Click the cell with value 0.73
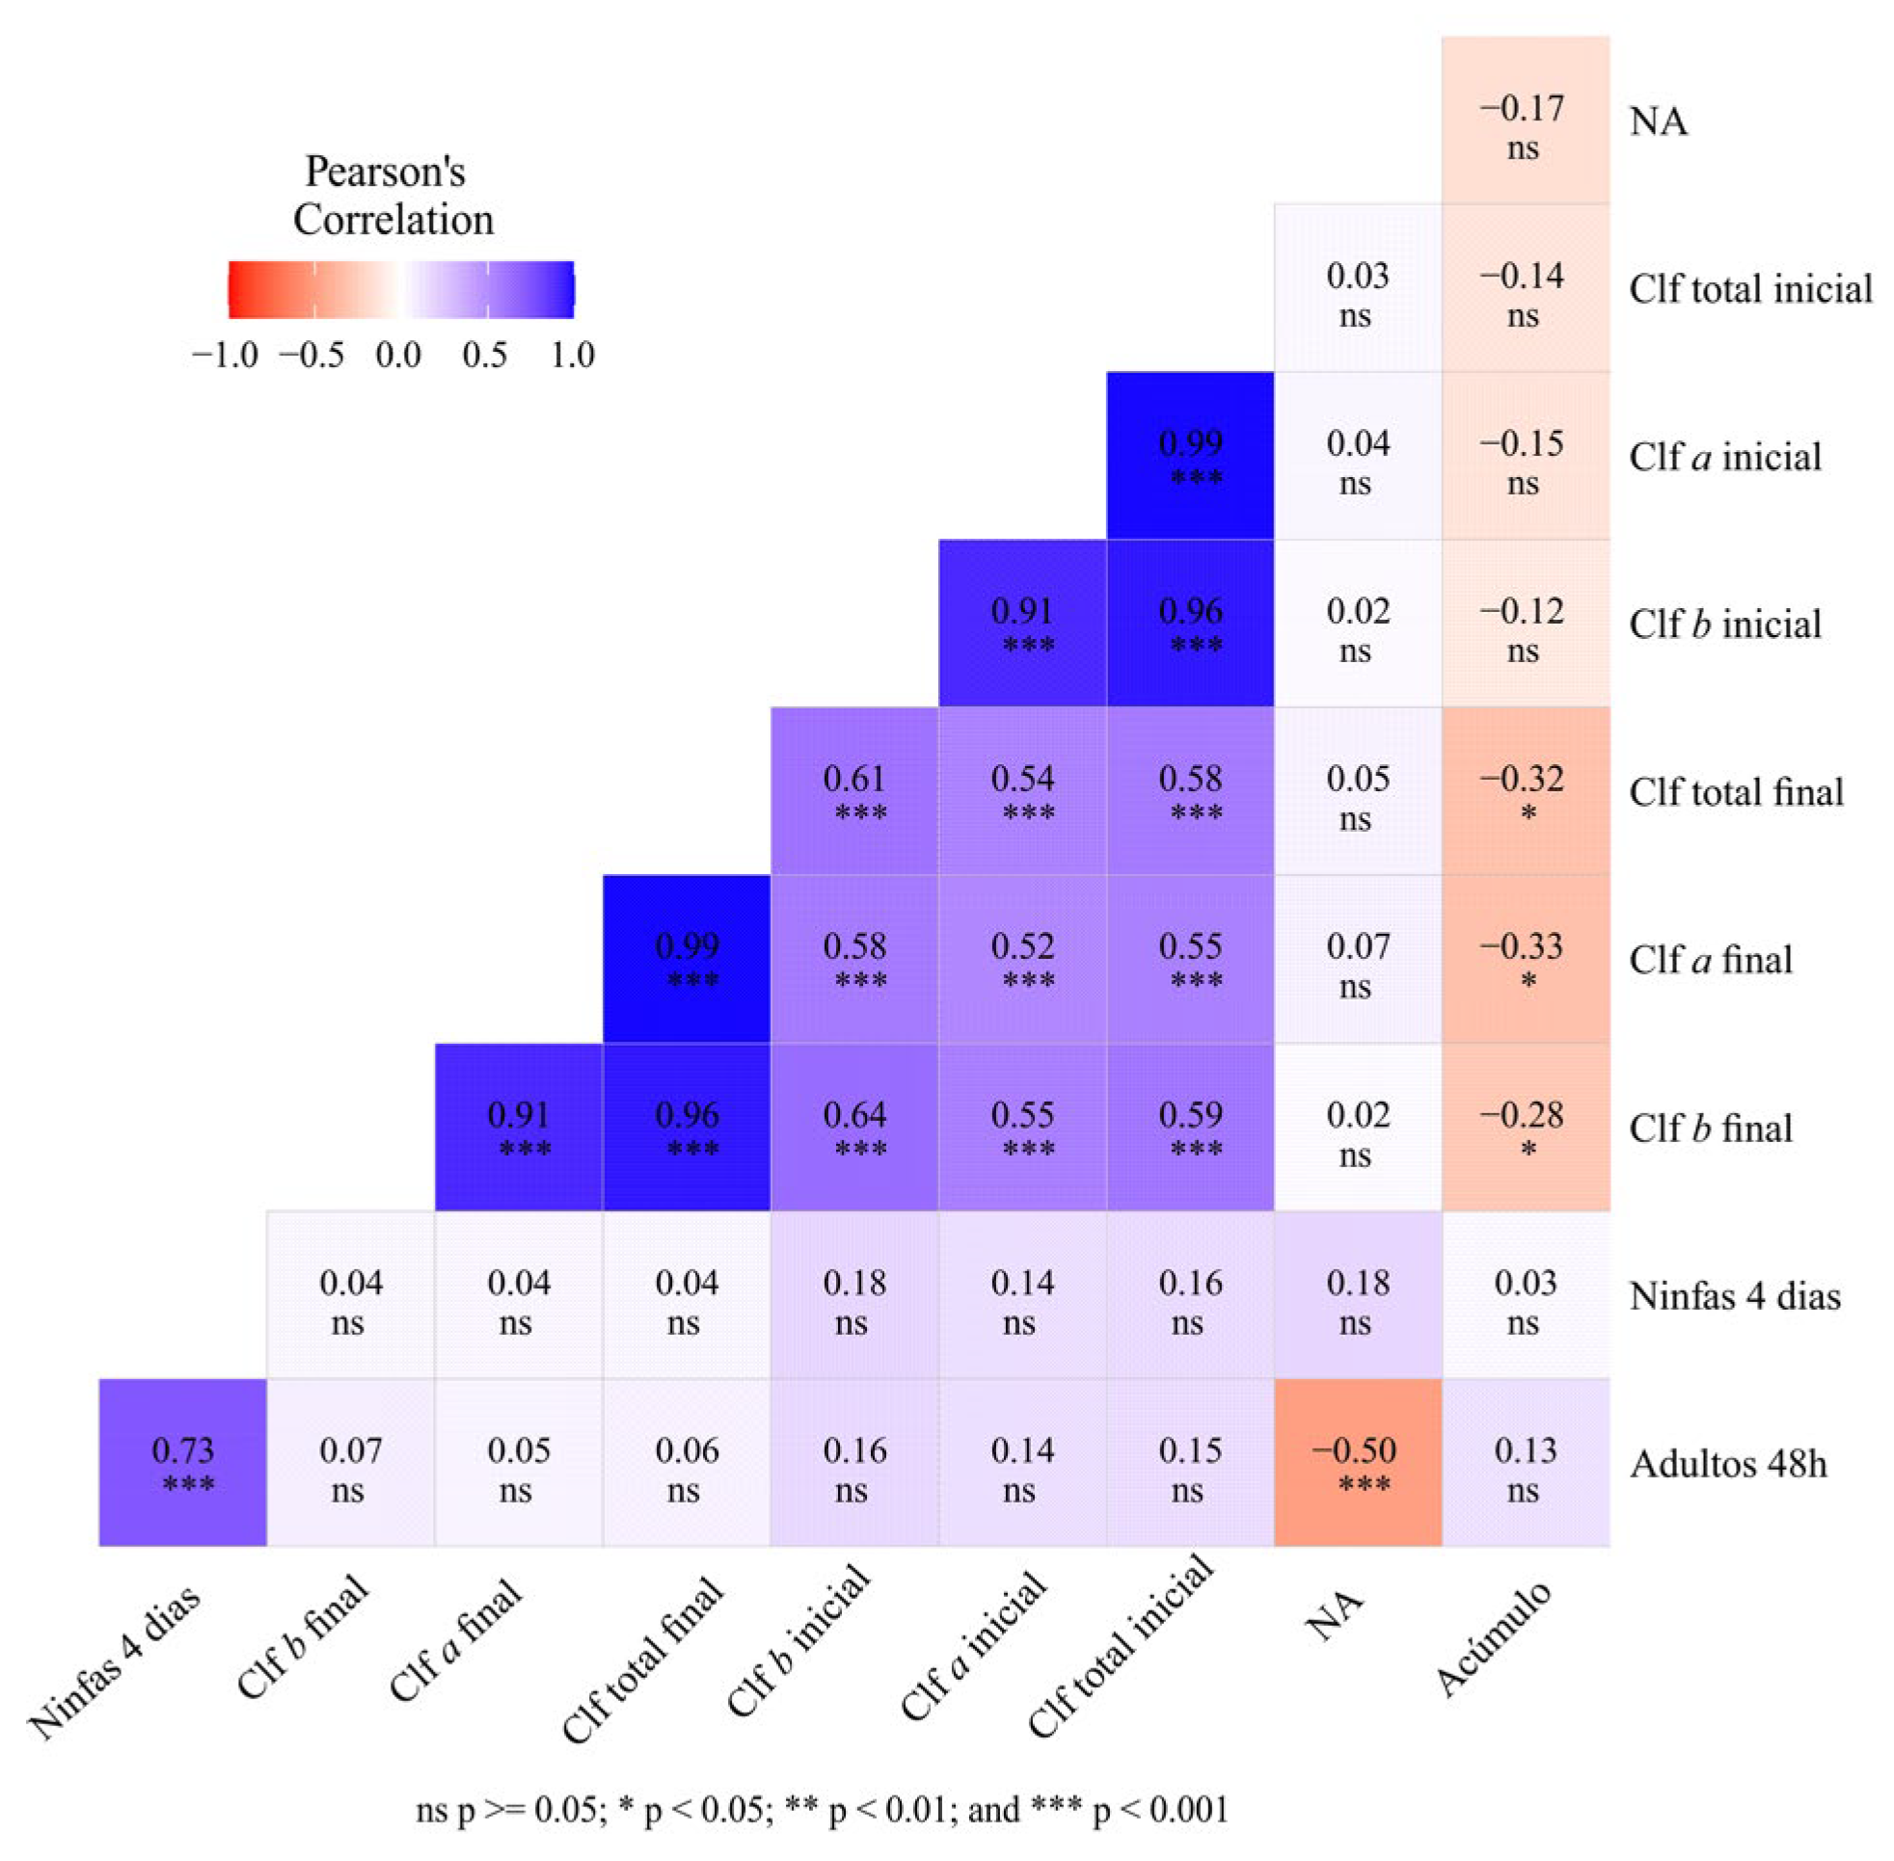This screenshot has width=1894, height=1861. click(x=182, y=1461)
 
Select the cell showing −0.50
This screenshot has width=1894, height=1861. click(x=1356, y=1461)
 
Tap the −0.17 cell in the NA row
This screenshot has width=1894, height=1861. click(x=1525, y=120)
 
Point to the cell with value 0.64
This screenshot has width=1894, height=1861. click(x=853, y=1126)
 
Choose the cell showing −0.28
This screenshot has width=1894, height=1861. click(x=1525, y=1126)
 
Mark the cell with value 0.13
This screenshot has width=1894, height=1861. click(x=1525, y=1461)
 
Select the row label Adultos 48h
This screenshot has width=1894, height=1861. click(x=1727, y=1463)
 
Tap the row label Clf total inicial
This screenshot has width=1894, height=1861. click(x=1749, y=288)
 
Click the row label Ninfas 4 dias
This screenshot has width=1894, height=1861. click(x=1734, y=1295)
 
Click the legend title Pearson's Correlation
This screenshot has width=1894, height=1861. click(x=392, y=196)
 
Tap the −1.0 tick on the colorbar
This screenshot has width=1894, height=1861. click(x=226, y=354)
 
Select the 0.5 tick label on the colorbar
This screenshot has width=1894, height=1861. click(x=484, y=354)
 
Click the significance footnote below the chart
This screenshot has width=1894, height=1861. click(x=822, y=1808)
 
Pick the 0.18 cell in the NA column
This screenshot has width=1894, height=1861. click(x=1356, y=1294)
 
